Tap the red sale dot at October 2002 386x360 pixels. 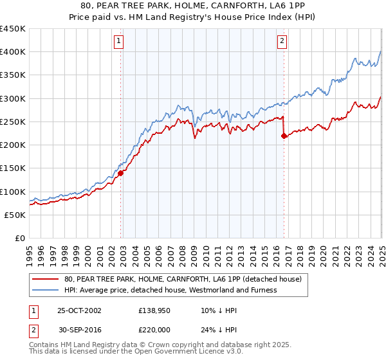coord(120,173)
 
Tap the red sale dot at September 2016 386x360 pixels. coord(284,135)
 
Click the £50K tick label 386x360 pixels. coord(15,215)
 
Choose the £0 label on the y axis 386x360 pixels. coord(21,238)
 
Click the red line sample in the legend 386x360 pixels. coord(44,279)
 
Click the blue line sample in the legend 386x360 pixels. coord(44,290)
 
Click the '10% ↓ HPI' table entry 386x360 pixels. coord(211,310)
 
